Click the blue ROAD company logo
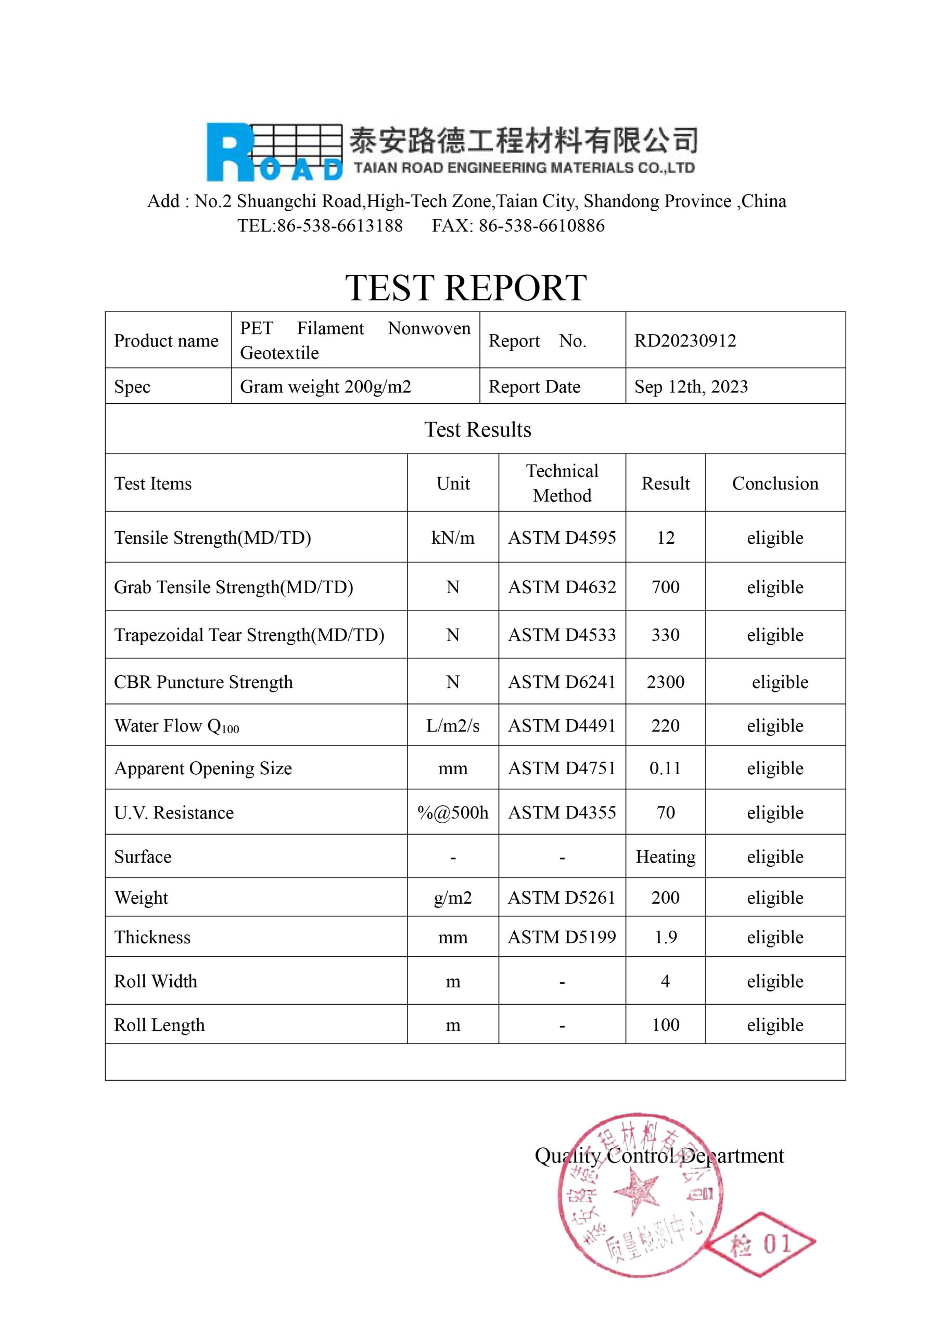tap(274, 151)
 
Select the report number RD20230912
tap(685, 340)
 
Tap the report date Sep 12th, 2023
tap(691, 387)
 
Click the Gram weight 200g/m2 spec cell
tap(325, 387)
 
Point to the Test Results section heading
tap(477, 429)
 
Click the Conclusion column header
tap(775, 483)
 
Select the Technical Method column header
tap(562, 483)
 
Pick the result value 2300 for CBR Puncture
tap(665, 682)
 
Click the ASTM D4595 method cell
tap(562, 538)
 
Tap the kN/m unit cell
tap(453, 538)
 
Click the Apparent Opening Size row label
tap(202, 768)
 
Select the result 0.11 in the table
tap(665, 768)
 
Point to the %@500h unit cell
tap(453, 813)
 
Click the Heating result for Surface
tap(665, 857)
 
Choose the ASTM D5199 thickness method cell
tap(562, 937)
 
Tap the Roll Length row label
tap(159, 1025)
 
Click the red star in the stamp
tap(637, 1193)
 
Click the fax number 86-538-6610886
tap(541, 226)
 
